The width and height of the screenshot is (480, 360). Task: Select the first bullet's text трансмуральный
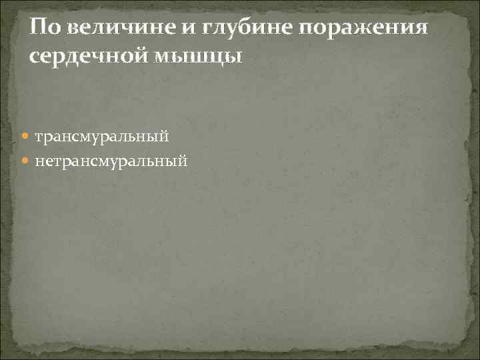click(x=101, y=136)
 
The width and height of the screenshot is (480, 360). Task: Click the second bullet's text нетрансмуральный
click(x=111, y=160)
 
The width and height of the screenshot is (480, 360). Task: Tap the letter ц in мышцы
click(x=219, y=58)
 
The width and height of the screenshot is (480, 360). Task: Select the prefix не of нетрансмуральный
click(x=43, y=160)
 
